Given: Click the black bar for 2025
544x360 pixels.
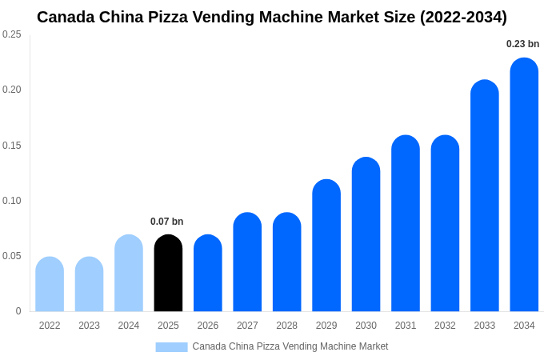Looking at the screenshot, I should click(x=168, y=274).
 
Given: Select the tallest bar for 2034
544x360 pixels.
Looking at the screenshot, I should click(x=524, y=186).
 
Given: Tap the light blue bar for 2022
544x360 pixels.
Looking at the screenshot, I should click(x=50, y=285).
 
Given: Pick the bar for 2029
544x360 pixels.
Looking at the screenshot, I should click(x=326, y=246).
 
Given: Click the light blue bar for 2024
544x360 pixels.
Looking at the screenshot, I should click(x=129, y=274).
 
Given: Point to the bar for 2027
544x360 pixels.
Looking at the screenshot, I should click(x=247, y=262).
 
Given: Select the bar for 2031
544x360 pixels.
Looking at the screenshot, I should click(x=406, y=224).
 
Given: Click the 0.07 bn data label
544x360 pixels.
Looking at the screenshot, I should click(x=166, y=222).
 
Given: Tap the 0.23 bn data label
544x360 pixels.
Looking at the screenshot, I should click(x=522, y=44).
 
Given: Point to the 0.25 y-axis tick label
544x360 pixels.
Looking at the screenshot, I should click(x=12, y=34).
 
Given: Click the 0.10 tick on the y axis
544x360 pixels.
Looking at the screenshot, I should click(x=12, y=201).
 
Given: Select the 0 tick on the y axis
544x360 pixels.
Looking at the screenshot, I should click(x=18, y=311).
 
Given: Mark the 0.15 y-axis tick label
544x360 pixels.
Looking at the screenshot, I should click(x=12, y=146).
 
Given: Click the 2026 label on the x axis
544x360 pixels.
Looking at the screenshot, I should click(x=208, y=326).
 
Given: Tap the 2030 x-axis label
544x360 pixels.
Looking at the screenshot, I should click(x=366, y=326).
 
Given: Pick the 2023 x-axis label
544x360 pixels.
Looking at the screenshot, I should click(x=89, y=326).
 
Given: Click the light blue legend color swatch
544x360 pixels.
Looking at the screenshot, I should click(x=171, y=346).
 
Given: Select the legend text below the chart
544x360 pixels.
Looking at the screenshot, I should click(x=290, y=346).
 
